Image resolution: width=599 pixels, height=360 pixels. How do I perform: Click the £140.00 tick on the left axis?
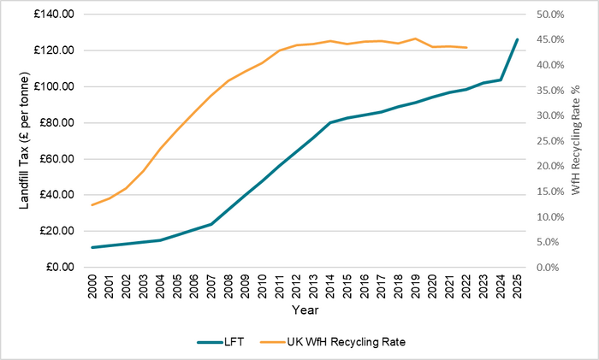pyautogui.click(x=54, y=15)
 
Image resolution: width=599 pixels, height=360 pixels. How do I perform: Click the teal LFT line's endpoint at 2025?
pyautogui.click(x=517, y=39)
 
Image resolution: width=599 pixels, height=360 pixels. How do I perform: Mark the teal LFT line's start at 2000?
pyautogui.click(x=92, y=247)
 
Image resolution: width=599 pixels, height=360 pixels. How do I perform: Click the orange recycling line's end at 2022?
pyautogui.click(x=466, y=47)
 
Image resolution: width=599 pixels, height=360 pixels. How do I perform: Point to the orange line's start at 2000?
pyautogui.click(x=92, y=205)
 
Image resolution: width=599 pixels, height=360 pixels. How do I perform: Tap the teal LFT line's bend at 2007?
pyautogui.click(x=211, y=224)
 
